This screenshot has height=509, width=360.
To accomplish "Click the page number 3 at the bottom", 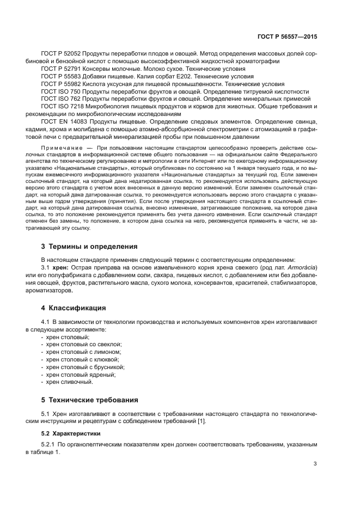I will tap(315, 464).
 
